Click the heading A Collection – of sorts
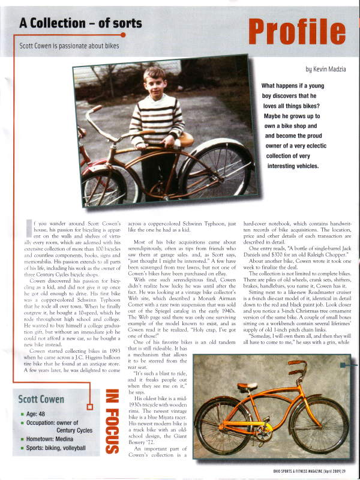[x=80, y=23]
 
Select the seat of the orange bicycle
[x=246, y=385]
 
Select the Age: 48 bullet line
[x=39, y=413]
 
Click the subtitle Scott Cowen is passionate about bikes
[x=69, y=46]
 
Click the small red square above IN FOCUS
[x=91, y=407]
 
